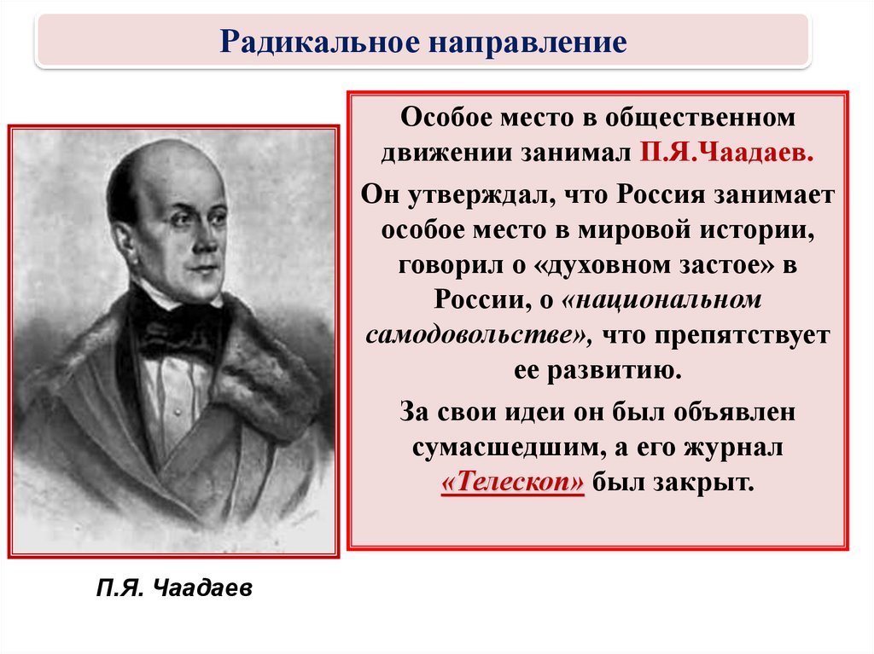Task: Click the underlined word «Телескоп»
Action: point(513,482)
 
